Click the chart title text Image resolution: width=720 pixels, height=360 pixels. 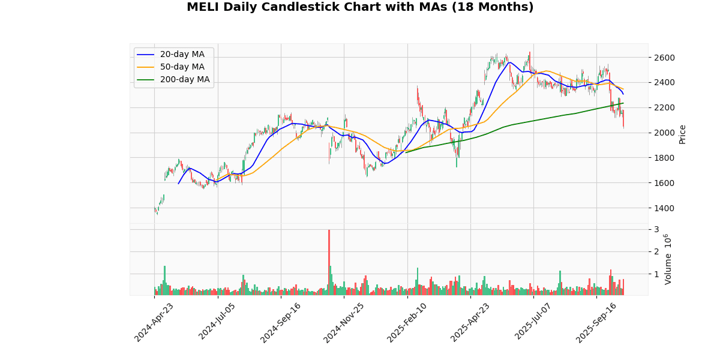[360, 7]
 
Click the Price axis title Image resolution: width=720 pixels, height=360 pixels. [682, 134]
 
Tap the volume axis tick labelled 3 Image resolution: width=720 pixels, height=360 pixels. [656, 230]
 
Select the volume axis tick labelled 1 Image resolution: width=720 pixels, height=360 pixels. [656, 274]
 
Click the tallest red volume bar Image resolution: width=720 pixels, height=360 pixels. [329, 262]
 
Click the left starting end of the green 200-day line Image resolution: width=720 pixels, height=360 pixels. [406, 152]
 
